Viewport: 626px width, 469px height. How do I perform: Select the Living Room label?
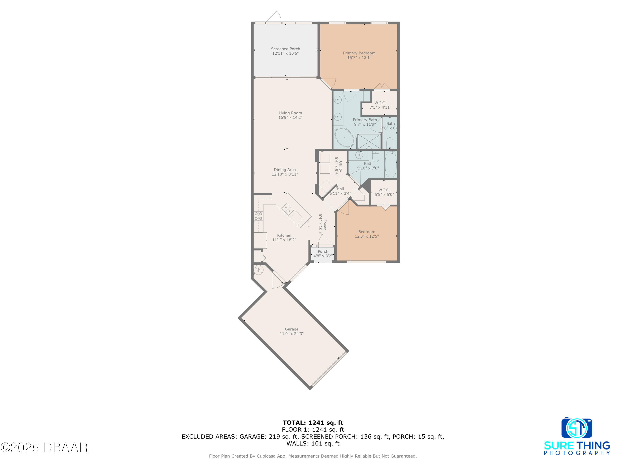click(x=290, y=113)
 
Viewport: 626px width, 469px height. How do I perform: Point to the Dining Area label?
click(x=284, y=170)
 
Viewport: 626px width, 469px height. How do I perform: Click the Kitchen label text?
click(x=284, y=235)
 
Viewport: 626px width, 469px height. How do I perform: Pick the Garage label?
click(x=292, y=329)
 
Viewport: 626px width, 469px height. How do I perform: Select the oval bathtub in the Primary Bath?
click(x=344, y=138)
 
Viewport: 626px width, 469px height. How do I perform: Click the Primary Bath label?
click(x=365, y=120)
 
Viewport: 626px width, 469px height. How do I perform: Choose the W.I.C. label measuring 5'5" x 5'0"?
click(x=384, y=192)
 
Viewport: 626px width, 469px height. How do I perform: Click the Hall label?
click(x=340, y=189)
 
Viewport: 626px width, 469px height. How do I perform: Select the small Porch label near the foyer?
click(x=323, y=252)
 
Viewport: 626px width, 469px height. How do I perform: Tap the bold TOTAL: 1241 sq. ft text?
click(x=313, y=423)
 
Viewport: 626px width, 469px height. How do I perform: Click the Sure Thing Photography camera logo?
click(x=577, y=428)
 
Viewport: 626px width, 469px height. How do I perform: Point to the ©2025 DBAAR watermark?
click(x=44, y=448)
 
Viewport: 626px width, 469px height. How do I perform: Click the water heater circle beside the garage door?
click(x=258, y=270)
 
